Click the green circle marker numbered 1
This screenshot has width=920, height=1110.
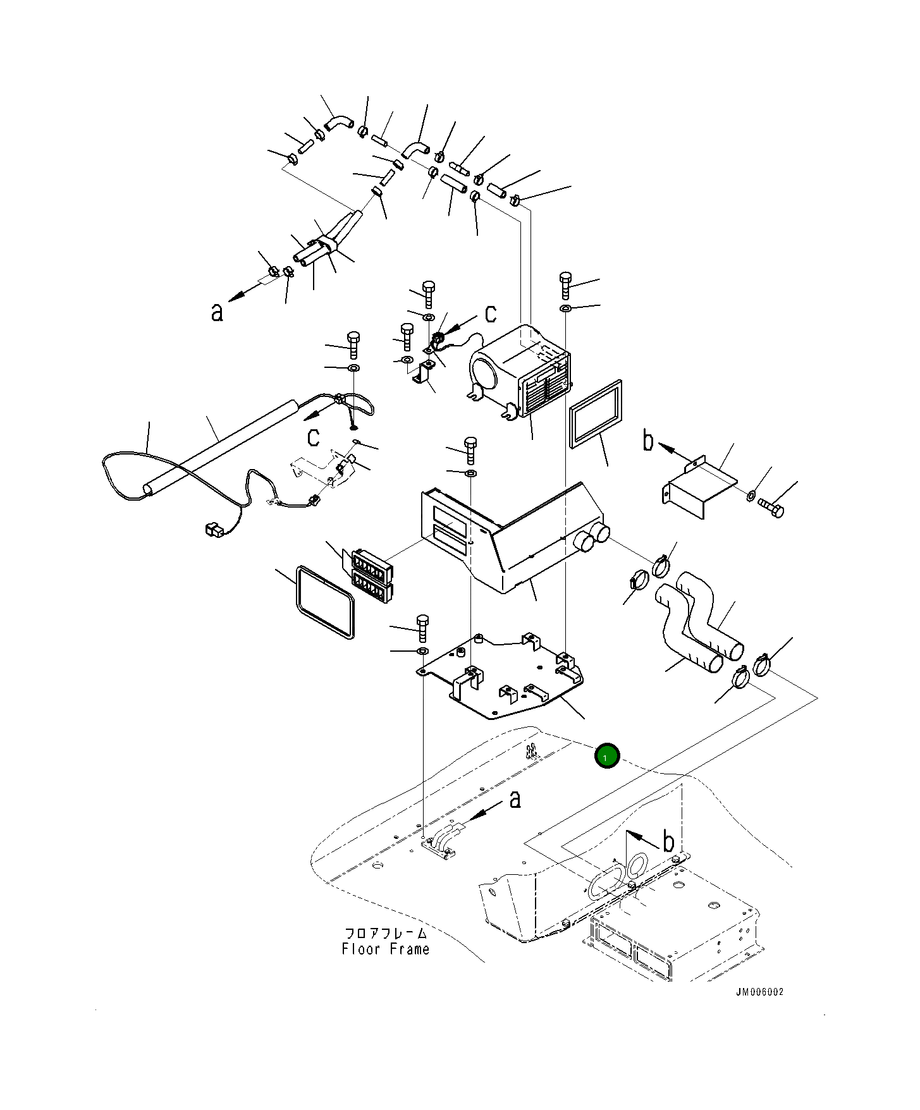[607, 755]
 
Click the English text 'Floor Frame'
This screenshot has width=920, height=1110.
[385, 949]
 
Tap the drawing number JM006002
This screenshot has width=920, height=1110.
[759, 992]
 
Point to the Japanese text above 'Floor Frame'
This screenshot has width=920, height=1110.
[385, 933]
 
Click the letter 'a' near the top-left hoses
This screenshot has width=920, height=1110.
[217, 312]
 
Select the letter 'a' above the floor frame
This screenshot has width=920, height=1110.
[515, 799]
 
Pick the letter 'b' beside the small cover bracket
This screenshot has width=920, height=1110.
[647, 441]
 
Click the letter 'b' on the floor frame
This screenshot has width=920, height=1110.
[668, 841]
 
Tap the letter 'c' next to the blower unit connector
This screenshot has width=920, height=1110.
[490, 314]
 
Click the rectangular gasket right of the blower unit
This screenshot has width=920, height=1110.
[596, 415]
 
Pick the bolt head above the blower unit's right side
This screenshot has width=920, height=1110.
[565, 280]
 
